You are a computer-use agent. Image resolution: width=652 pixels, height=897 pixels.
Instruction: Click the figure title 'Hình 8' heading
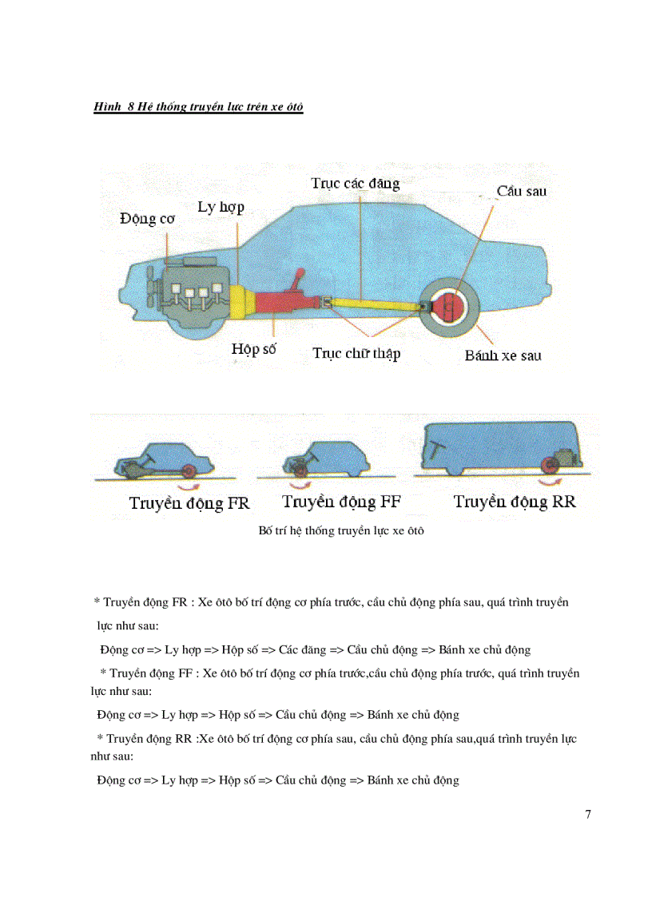pos(198,107)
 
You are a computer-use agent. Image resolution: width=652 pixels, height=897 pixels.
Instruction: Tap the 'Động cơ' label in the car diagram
pos(148,218)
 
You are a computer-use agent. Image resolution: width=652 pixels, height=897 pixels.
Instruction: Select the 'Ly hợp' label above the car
pos(221,208)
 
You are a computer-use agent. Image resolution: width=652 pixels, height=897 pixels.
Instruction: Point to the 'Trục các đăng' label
pos(355,183)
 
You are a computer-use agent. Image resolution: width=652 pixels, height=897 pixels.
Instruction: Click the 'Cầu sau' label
pos(521,191)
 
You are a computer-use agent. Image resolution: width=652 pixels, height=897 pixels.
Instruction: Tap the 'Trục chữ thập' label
pos(356,354)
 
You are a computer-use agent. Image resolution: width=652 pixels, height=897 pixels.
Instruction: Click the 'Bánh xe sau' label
pos(503,355)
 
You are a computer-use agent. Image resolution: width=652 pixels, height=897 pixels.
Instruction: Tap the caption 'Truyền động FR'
pos(189,503)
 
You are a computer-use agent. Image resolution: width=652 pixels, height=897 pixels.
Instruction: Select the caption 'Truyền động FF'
pos(341,502)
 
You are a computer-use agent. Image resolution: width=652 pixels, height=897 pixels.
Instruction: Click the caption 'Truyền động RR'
pos(515,502)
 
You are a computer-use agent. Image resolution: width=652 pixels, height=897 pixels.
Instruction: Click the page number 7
pos(588,815)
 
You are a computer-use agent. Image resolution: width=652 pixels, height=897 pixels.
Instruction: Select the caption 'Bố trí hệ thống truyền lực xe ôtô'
pos(341,531)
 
